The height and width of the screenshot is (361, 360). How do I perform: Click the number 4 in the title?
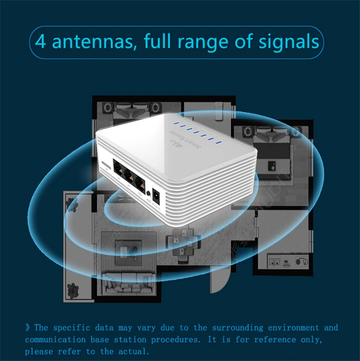point(40,42)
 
